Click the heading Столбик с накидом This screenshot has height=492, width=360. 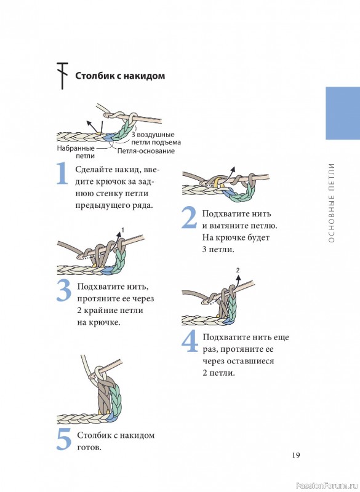click(x=120, y=76)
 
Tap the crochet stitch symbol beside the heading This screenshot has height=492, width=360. click(x=62, y=76)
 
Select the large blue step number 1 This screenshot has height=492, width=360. click(x=62, y=173)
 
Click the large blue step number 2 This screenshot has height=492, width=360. click(x=190, y=217)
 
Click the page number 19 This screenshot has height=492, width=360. click(x=295, y=455)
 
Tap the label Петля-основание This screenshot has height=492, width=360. click(x=146, y=151)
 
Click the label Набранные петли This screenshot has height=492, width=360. click(x=76, y=152)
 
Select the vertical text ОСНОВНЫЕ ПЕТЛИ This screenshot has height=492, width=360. click(x=332, y=203)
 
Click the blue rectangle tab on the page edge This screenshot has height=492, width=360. click(x=343, y=113)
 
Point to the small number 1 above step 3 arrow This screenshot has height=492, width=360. click(x=122, y=231)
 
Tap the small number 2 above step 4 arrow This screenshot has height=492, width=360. click(x=238, y=270)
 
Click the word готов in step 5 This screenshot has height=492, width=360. click(x=89, y=448)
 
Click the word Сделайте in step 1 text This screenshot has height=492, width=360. click(x=93, y=170)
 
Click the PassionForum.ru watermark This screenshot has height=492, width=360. click(x=327, y=486)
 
